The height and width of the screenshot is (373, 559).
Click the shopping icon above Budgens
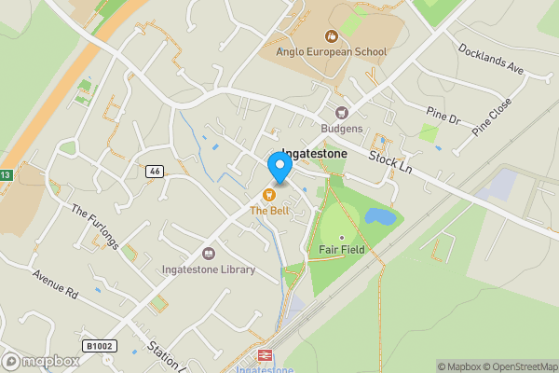342,112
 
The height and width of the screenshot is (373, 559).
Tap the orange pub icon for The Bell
268,195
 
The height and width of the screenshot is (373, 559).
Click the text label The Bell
268,211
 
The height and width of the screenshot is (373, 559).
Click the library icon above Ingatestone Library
208,253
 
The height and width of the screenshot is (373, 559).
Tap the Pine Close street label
493,117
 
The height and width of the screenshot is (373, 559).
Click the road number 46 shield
155,172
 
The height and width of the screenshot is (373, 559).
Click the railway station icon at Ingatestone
264,355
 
